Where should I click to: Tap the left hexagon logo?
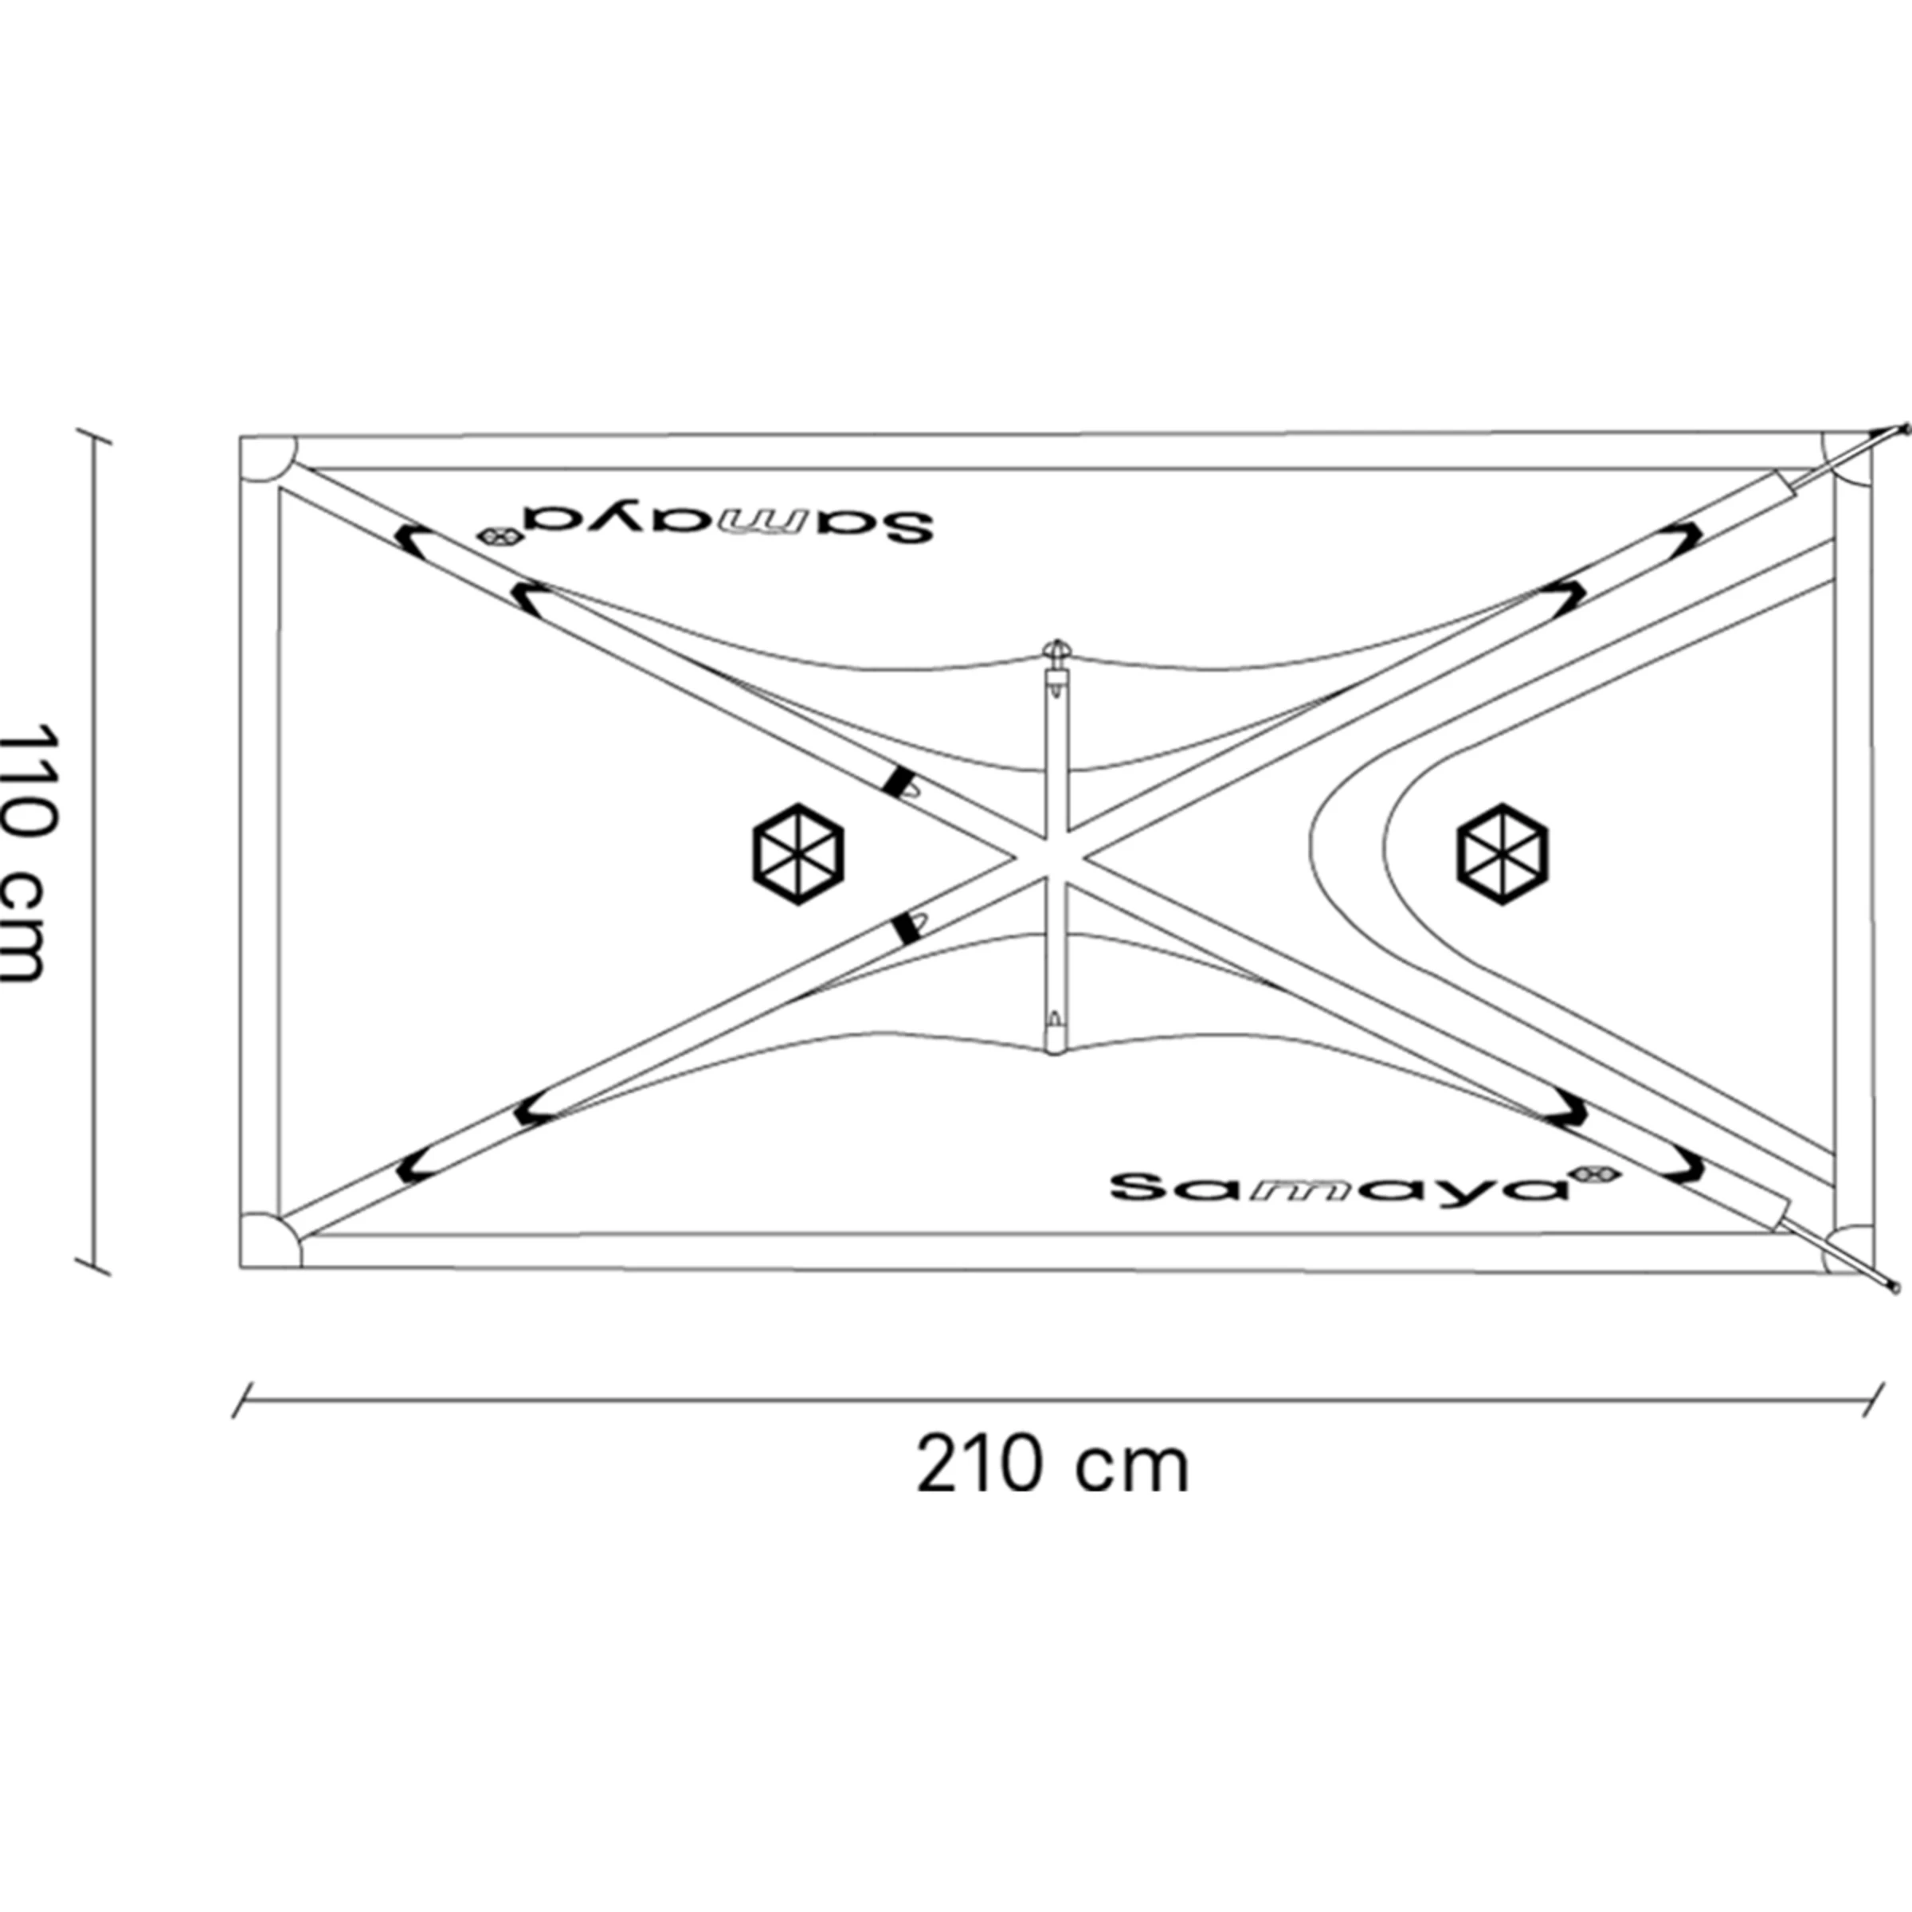[797, 854]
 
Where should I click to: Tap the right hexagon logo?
[1503, 854]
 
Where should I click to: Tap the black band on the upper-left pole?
[899, 781]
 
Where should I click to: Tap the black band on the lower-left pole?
[903, 928]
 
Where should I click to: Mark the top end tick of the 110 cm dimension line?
[94, 437]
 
